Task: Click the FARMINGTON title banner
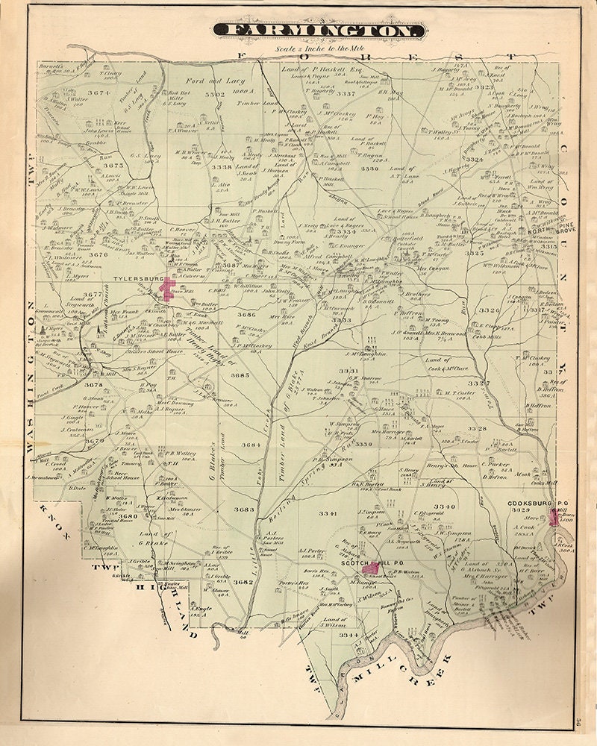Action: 319,31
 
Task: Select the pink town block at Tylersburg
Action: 162,291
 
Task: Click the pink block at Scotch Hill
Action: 369,568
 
